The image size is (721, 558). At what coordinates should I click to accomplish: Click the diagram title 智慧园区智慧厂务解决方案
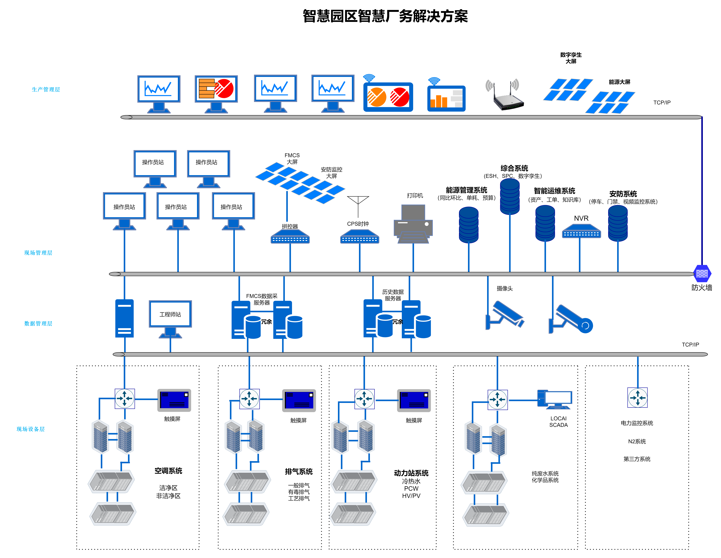point(385,16)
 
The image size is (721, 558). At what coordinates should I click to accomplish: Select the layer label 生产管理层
point(46,89)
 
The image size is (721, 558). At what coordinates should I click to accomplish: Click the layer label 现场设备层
point(31,429)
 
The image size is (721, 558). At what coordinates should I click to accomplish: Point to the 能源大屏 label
point(619,82)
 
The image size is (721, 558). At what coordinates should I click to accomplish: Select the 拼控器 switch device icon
point(290,237)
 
